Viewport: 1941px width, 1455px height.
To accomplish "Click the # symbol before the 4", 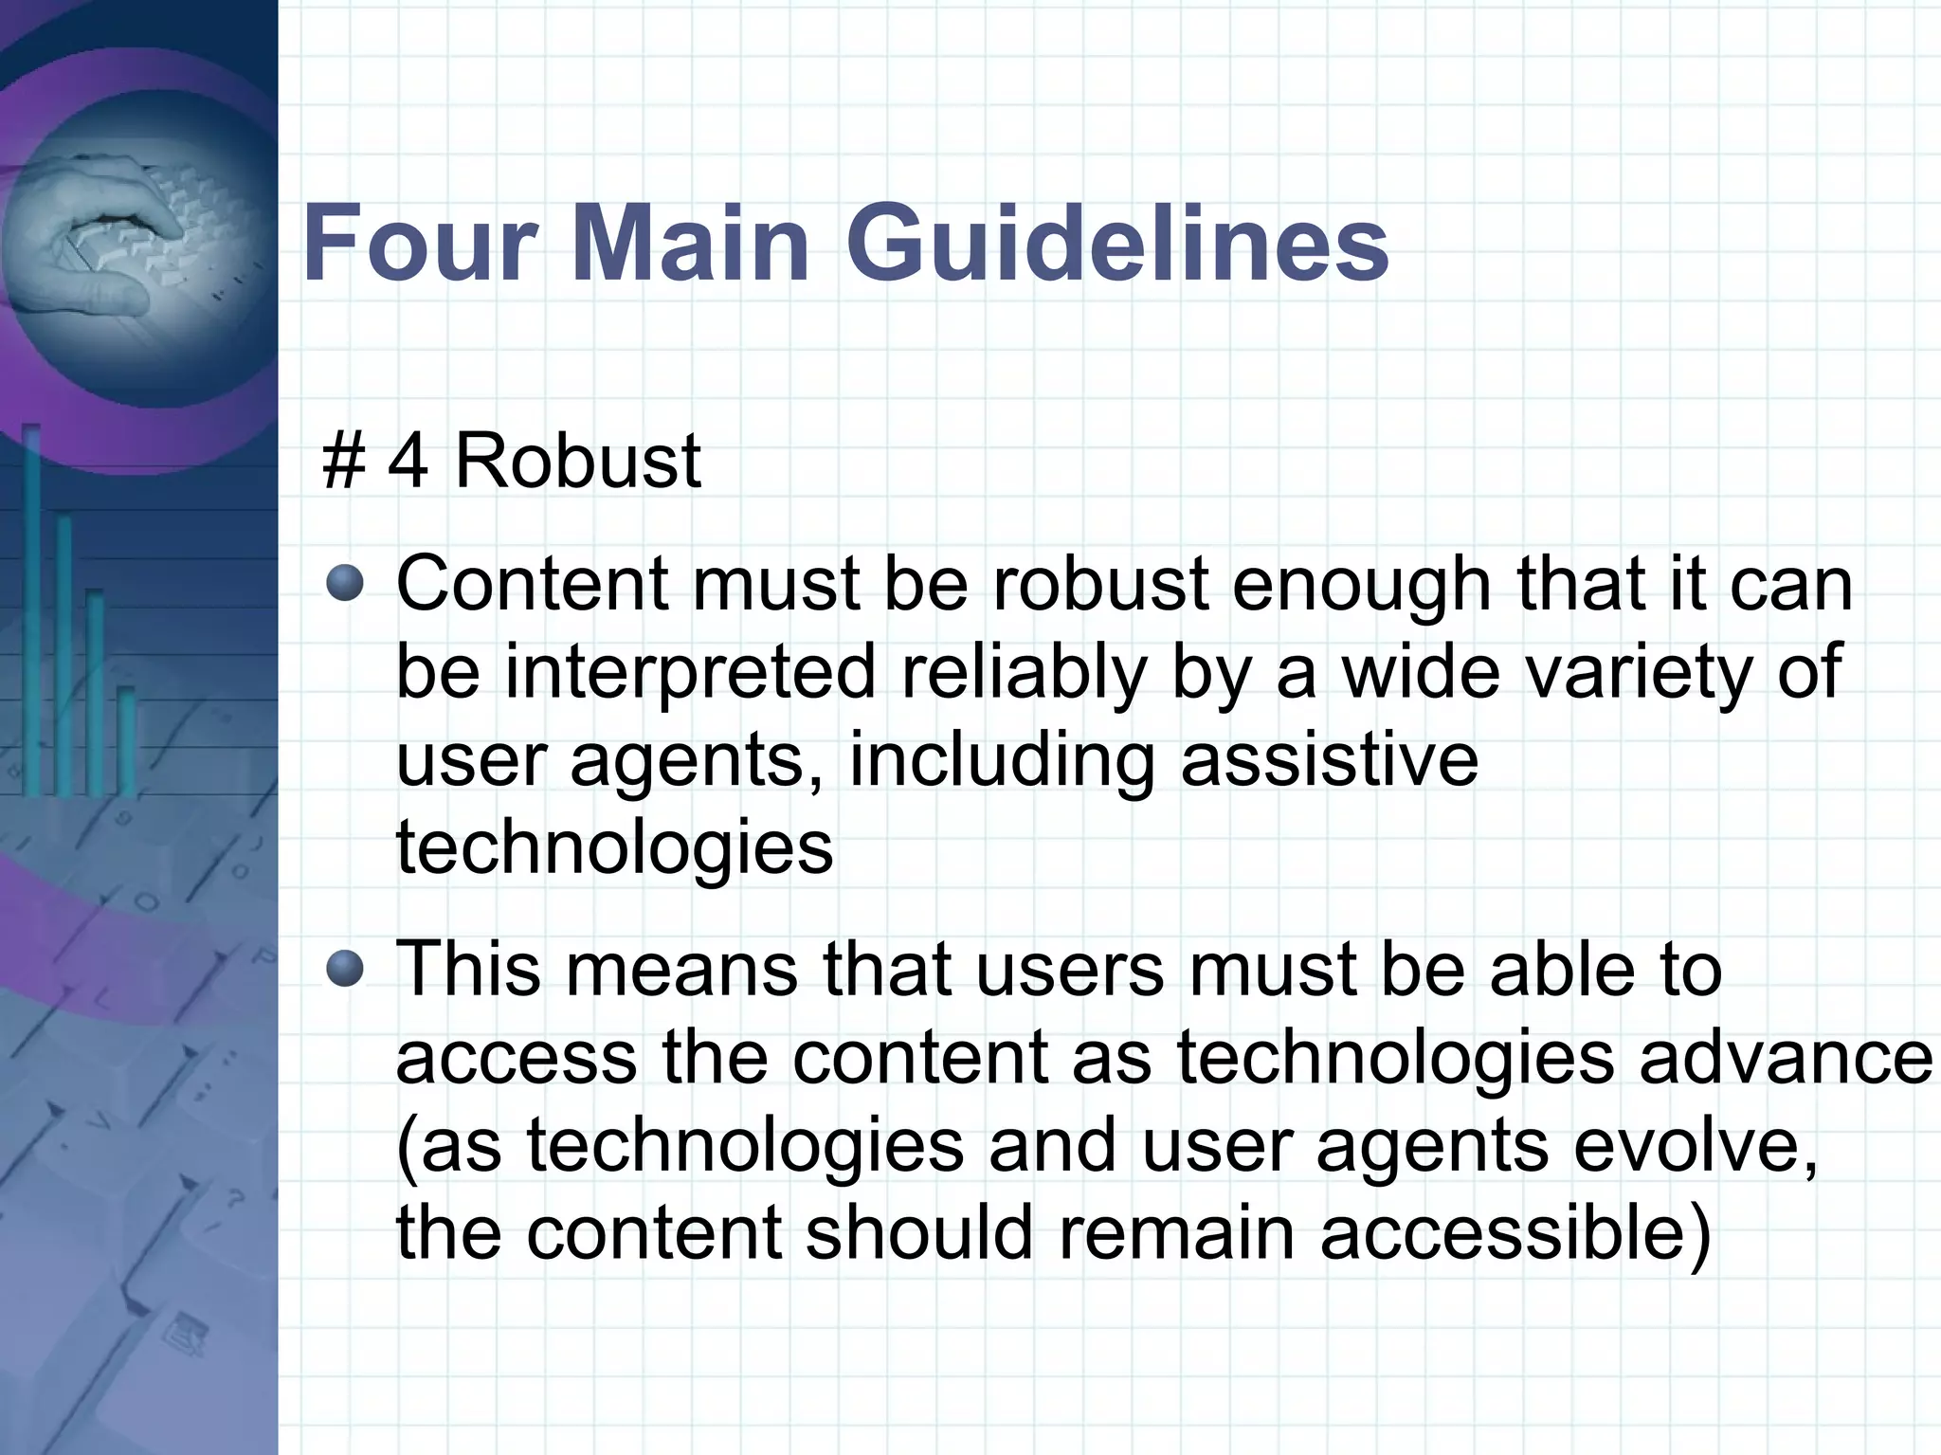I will (x=344, y=462).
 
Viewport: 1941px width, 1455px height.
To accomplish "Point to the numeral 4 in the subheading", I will (x=408, y=462).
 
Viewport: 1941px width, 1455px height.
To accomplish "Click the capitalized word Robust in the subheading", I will (x=577, y=462).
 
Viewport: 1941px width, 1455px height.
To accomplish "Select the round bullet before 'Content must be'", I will (x=345, y=583).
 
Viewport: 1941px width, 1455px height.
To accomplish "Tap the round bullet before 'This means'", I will (x=345, y=969).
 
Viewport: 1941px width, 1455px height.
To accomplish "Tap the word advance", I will (x=1786, y=1058).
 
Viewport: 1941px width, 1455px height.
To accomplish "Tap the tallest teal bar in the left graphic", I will (x=31, y=607).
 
